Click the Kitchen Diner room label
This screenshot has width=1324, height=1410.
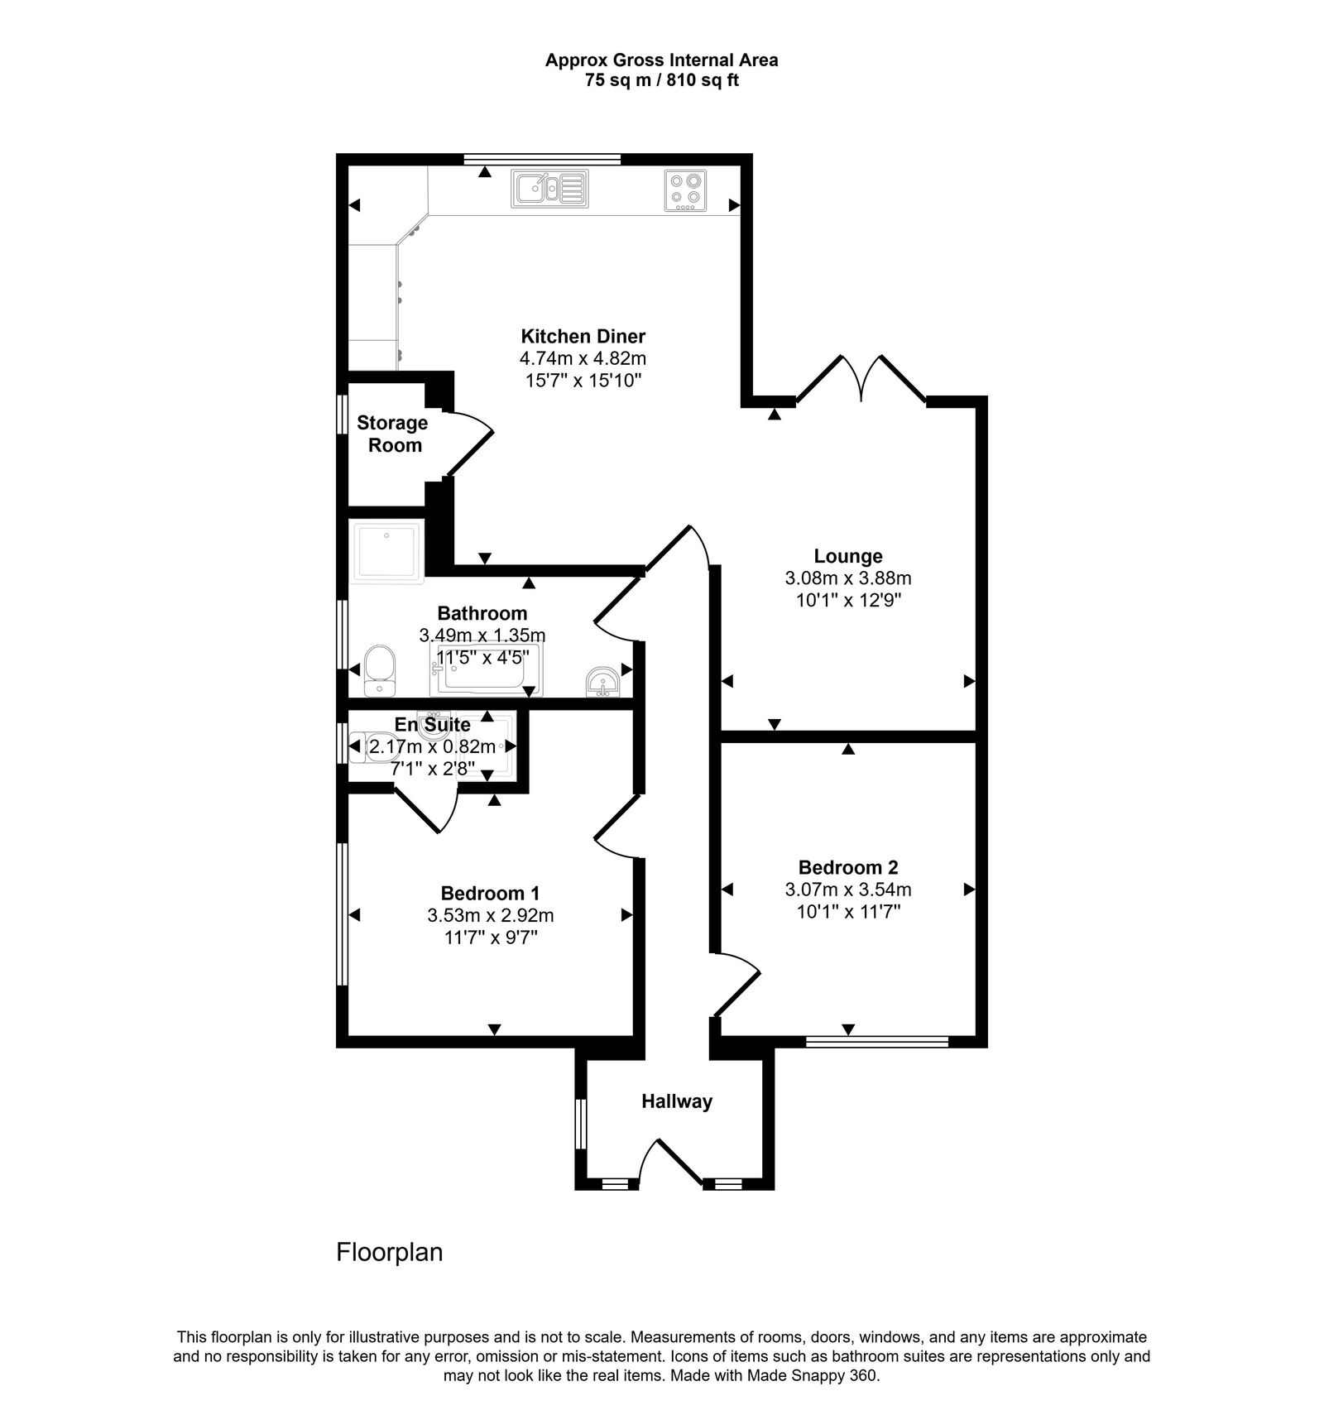point(583,337)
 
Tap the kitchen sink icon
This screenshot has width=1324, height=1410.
point(549,188)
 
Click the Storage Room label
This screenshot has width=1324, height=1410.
point(393,434)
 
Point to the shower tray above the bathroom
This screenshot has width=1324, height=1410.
point(387,552)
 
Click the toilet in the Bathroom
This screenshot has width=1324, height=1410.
point(380,670)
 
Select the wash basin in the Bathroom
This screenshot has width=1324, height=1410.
point(603,683)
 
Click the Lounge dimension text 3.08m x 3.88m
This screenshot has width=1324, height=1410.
point(847,578)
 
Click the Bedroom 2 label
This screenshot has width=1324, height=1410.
point(847,867)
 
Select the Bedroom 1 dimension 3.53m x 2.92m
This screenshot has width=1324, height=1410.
point(490,915)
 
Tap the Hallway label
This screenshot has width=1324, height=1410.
point(676,1101)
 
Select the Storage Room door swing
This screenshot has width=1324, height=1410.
point(468,443)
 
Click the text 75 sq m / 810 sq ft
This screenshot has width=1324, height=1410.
point(661,81)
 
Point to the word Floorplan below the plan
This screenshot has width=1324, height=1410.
point(389,1252)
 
